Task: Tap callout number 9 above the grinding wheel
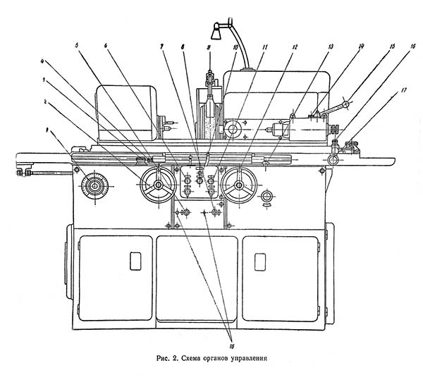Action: (x=209, y=47)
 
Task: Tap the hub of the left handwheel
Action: (x=159, y=186)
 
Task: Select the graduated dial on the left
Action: (x=93, y=187)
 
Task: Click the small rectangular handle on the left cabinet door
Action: (x=135, y=261)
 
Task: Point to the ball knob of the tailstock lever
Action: (x=346, y=104)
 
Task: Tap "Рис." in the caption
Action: (x=164, y=359)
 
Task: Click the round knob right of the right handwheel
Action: (x=267, y=197)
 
